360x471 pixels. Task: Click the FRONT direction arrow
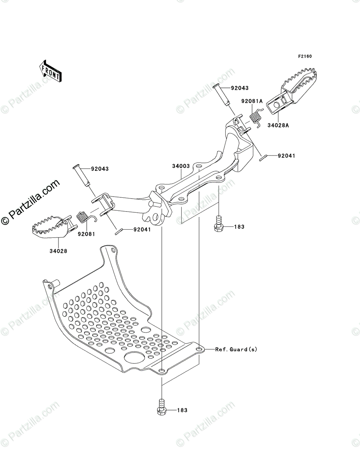[x=50, y=70]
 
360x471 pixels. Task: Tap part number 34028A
[x=278, y=126]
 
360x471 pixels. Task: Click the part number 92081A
[x=252, y=101]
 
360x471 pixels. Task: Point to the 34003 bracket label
[x=181, y=166]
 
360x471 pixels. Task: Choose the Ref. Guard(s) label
[x=236, y=349]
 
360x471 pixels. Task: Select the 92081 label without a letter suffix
[x=86, y=234]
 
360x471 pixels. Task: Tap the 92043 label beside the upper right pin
[x=239, y=88]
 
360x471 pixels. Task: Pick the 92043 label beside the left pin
[x=100, y=169]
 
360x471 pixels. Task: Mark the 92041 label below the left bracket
[x=142, y=230]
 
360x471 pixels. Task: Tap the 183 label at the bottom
[x=182, y=410]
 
